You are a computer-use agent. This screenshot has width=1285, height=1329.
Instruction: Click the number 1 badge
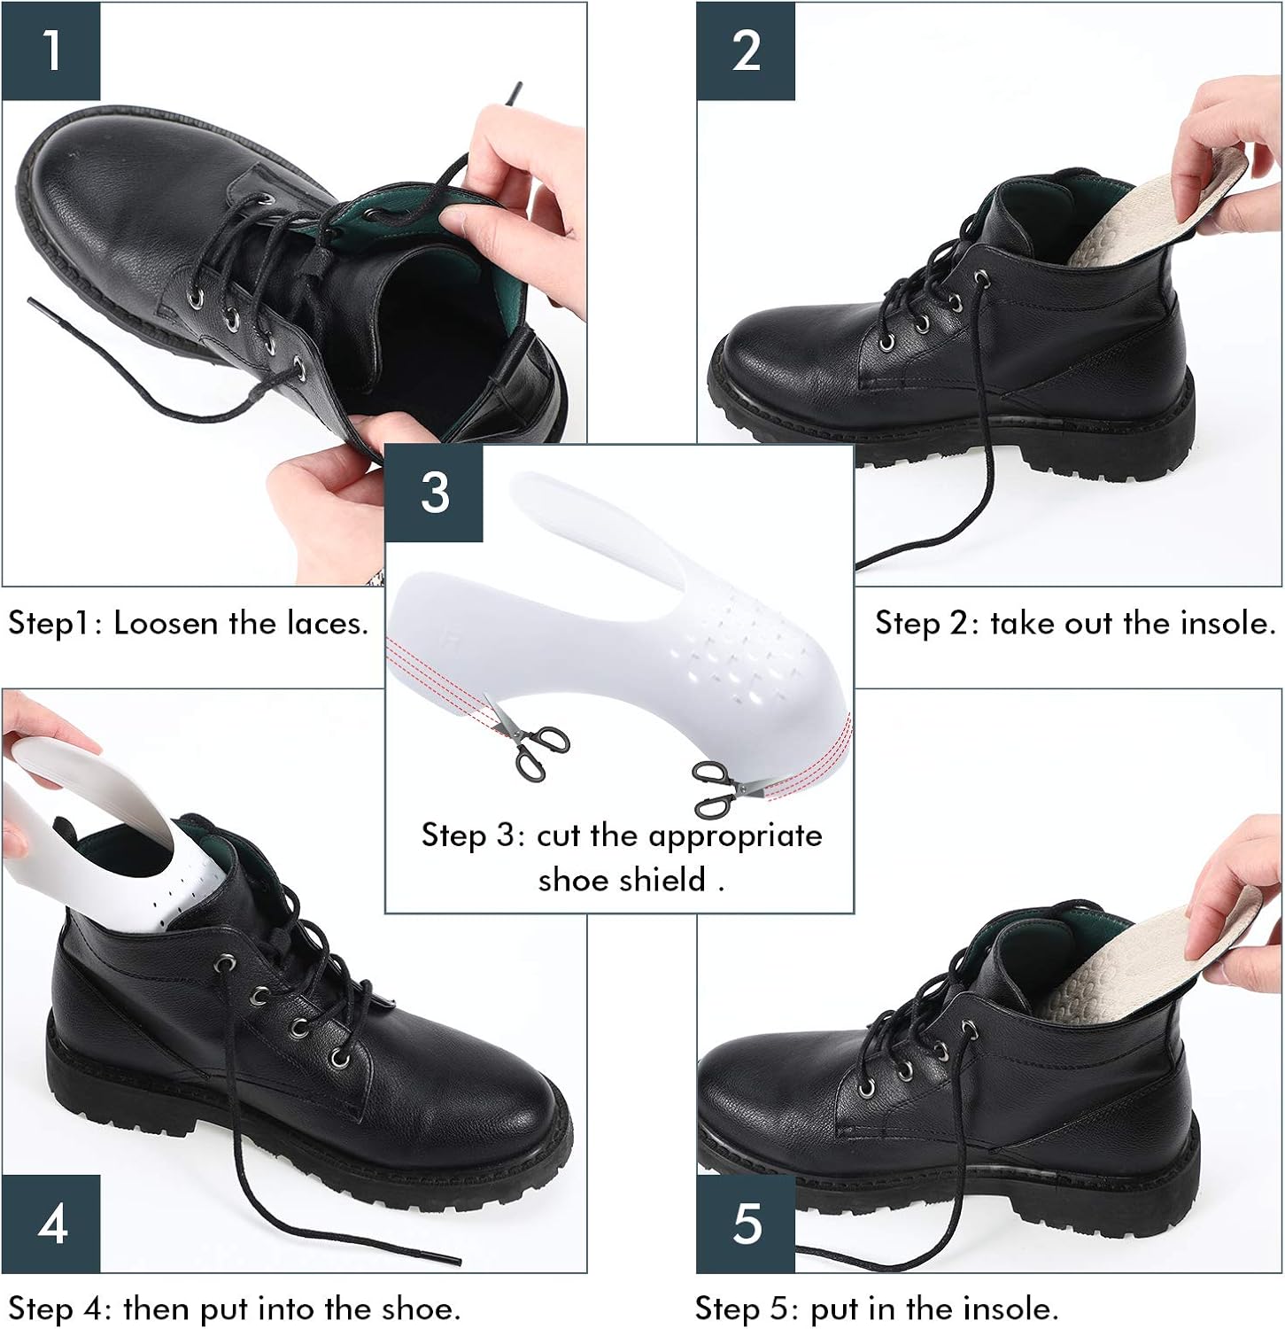coord(51,51)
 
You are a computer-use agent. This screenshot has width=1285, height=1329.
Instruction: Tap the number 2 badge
coord(746,51)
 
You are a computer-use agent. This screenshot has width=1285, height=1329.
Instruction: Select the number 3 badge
coord(434,493)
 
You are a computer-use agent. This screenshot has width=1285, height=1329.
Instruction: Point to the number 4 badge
coord(51,1224)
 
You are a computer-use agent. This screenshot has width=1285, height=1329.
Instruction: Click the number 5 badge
coord(746,1224)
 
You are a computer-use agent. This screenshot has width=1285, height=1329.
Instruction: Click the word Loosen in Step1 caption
coord(166,624)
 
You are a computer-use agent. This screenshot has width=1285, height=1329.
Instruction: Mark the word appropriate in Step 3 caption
coord(735,836)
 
